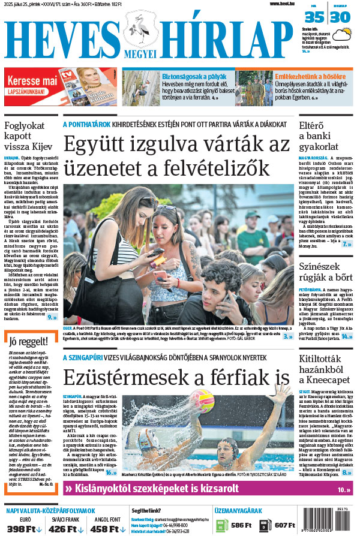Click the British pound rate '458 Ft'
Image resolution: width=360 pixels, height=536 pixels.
(x=107, y=528)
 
